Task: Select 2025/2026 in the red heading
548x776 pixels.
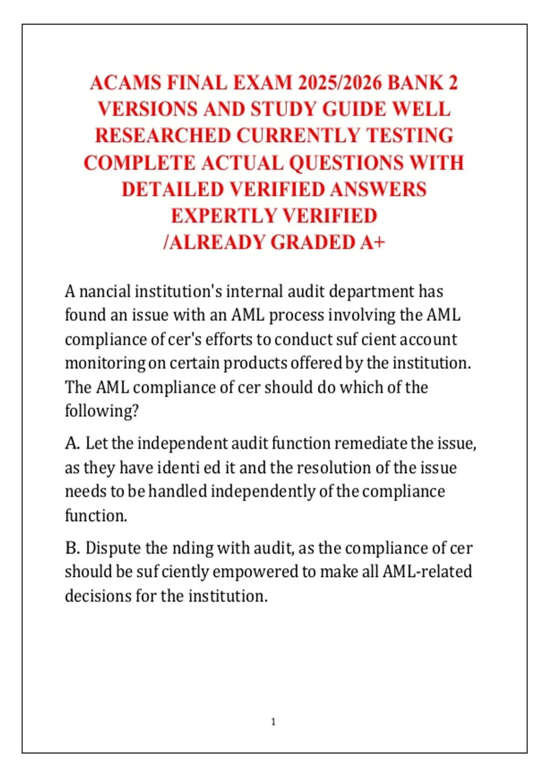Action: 340,83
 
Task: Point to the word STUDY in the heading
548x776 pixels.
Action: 283,110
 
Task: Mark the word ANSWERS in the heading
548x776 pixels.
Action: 378,189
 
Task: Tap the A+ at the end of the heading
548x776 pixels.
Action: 372,242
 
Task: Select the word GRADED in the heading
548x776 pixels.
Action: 312,242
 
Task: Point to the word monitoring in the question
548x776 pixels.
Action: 105,363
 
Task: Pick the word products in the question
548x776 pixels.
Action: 255,363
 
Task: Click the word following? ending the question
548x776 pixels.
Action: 101,411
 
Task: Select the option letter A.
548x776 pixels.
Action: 73,443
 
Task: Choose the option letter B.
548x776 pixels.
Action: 73,548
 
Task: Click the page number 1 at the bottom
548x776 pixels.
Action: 274,722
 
